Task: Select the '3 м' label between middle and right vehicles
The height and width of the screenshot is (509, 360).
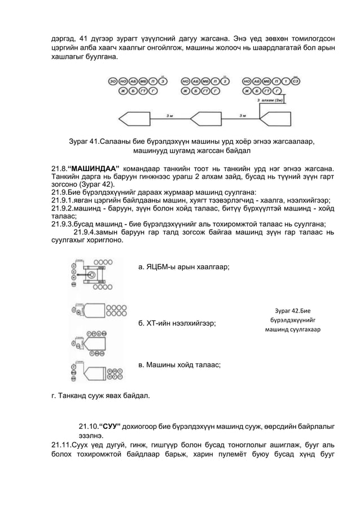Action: pos(242,115)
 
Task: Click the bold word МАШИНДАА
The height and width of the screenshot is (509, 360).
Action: pos(95,168)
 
